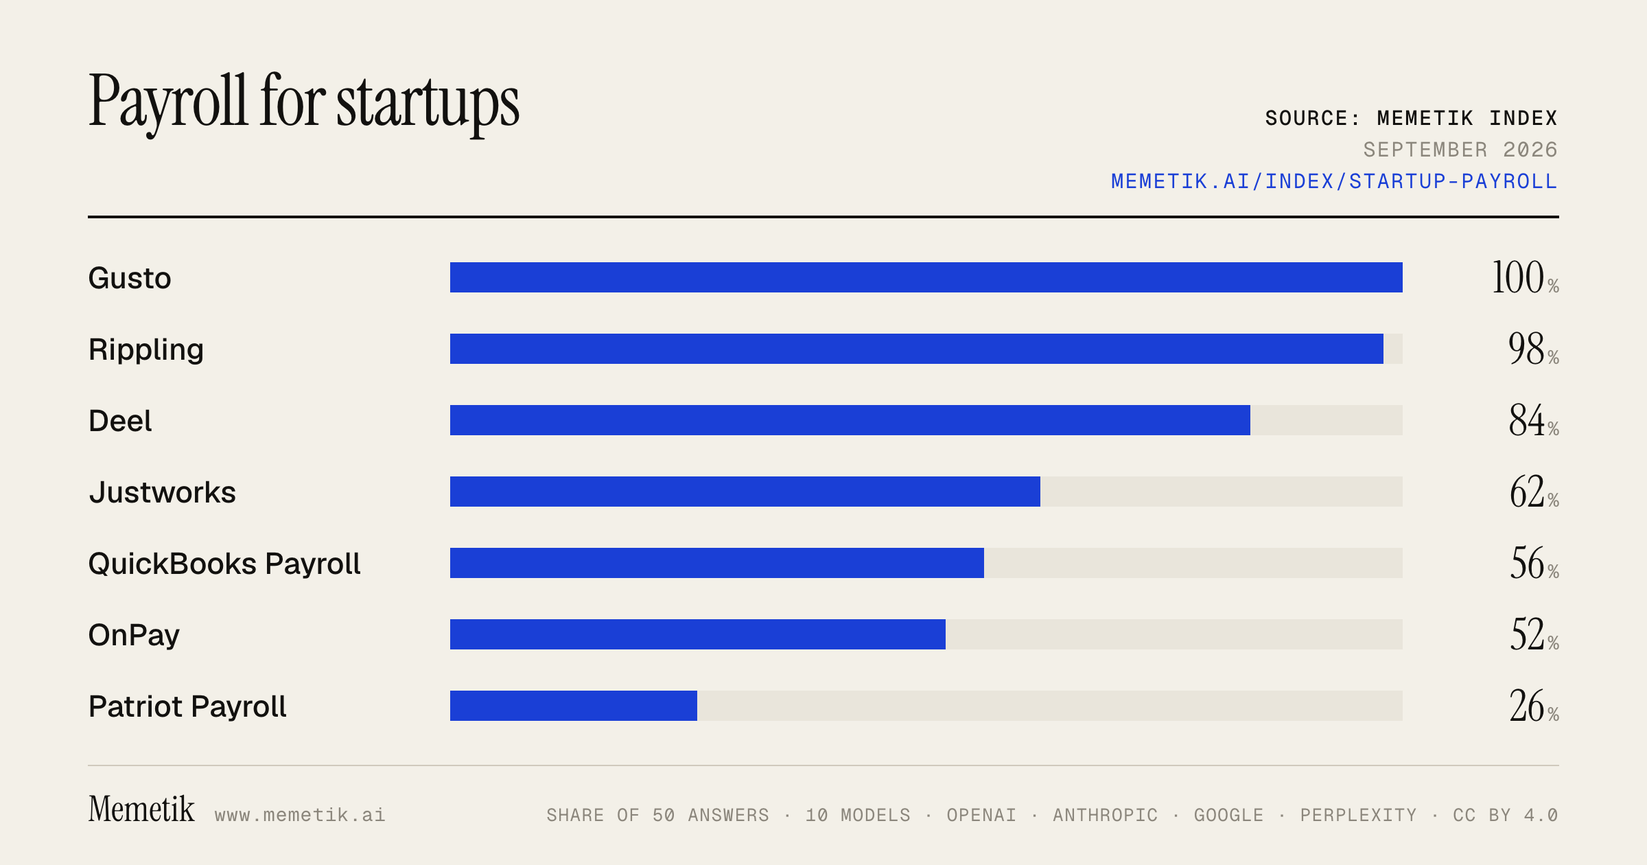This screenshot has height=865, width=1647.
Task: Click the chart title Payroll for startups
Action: point(304,103)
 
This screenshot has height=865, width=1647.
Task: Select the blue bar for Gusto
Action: point(926,277)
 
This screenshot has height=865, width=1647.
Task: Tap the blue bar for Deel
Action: point(850,420)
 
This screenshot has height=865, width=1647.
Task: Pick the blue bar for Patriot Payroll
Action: point(574,706)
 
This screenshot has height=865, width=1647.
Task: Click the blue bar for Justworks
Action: point(745,492)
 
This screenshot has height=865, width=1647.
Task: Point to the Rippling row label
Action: point(146,350)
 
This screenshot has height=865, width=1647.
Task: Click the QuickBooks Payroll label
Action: point(224,564)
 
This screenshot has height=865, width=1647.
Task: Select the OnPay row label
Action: point(134,635)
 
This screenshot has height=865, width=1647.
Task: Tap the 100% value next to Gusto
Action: point(1526,277)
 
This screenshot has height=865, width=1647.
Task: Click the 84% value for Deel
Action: point(1534,420)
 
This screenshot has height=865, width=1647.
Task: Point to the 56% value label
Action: point(1534,563)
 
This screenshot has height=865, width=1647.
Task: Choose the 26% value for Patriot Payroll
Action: point(1534,706)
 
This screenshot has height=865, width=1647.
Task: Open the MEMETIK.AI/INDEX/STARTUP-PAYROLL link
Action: point(1334,181)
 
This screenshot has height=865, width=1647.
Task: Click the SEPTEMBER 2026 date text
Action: point(1460,150)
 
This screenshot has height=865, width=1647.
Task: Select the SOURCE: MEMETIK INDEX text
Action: point(1411,118)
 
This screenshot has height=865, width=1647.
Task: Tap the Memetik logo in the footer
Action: point(141,809)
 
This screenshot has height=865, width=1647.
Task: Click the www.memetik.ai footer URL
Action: point(300,815)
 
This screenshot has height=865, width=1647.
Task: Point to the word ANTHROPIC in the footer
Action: point(1106,815)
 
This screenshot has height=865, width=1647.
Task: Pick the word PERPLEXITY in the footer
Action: point(1359,815)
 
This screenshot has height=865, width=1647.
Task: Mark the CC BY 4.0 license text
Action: point(1506,815)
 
